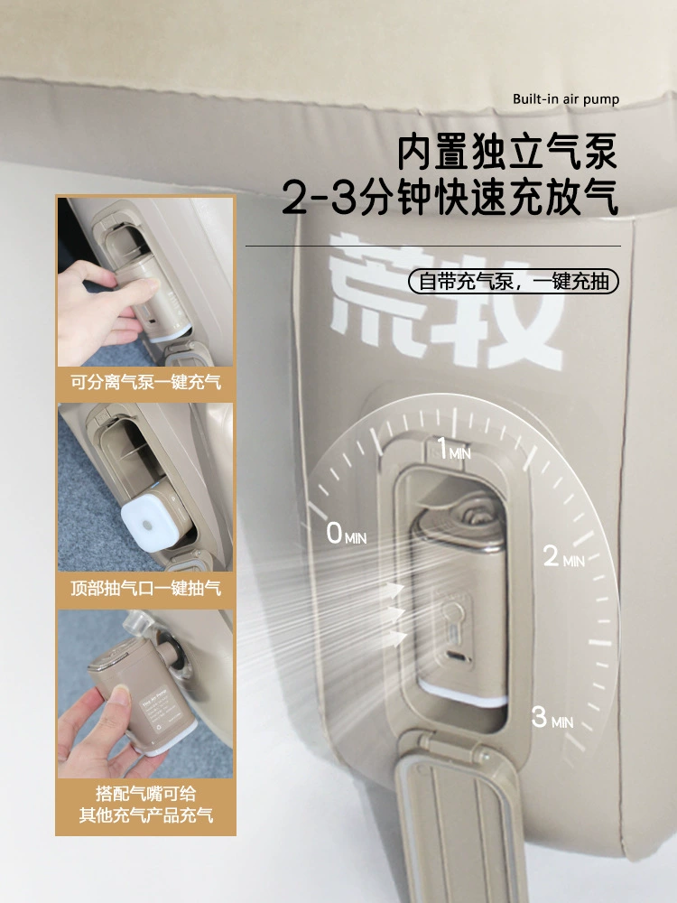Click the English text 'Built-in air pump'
click(x=566, y=99)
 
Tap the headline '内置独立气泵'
click(x=507, y=152)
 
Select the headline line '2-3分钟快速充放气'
click(x=450, y=197)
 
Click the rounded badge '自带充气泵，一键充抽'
click(x=514, y=282)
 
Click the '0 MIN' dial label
click(x=346, y=534)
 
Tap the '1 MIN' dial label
click(x=454, y=449)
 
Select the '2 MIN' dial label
click(x=563, y=556)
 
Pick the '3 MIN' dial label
click(x=552, y=718)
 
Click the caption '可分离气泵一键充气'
click(x=145, y=382)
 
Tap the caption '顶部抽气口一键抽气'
click(x=145, y=589)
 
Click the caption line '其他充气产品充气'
click(x=145, y=815)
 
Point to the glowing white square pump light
click(x=148, y=522)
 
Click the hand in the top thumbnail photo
click(x=103, y=309)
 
